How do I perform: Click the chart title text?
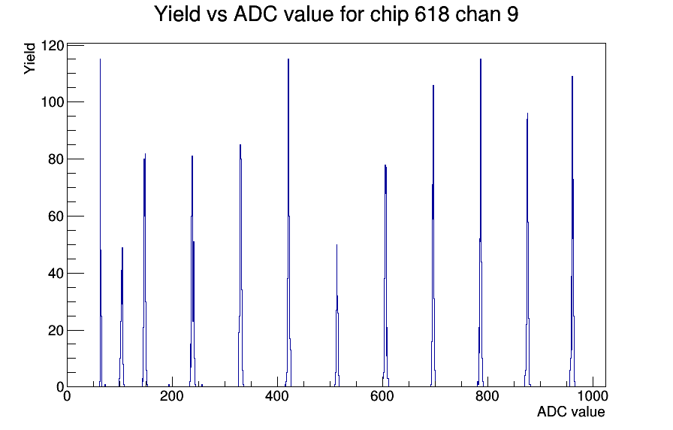336,14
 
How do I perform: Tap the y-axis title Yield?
29,59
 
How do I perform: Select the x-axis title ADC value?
570,411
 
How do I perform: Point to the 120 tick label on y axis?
52,46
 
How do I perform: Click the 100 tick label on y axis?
52,102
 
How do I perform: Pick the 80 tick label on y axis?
56,159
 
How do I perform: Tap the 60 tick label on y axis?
56,217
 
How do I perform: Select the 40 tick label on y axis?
56,274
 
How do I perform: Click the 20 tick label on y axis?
56,331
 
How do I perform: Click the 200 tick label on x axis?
172,396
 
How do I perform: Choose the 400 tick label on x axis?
277,396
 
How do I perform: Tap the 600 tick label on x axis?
382,396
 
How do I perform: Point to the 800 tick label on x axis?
487,396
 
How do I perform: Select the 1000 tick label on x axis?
593,396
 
